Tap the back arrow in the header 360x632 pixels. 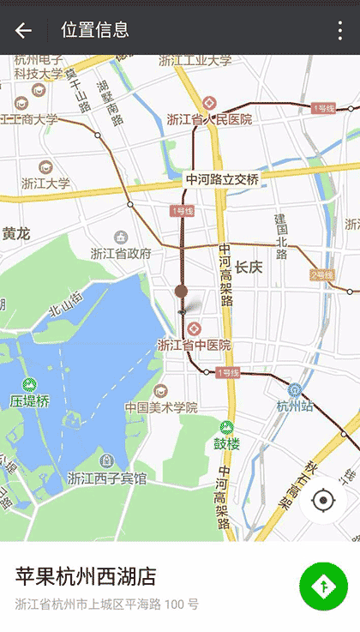[x=23, y=30]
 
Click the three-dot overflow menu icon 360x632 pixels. [x=340, y=31]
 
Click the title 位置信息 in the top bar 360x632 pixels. [x=95, y=30]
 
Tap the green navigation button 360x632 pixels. [x=323, y=587]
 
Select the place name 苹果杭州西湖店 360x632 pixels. [x=86, y=575]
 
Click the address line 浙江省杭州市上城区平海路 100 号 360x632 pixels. [x=106, y=605]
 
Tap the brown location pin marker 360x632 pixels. [x=181, y=292]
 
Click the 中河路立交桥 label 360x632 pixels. [x=222, y=179]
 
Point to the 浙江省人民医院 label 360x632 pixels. [x=209, y=119]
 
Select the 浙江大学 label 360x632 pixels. [x=45, y=183]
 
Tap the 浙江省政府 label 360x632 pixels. [x=121, y=253]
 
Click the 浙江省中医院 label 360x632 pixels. [x=194, y=345]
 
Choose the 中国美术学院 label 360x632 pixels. [x=161, y=407]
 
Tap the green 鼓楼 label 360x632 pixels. [x=226, y=443]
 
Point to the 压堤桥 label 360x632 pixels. [x=30, y=400]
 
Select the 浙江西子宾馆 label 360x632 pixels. [x=106, y=478]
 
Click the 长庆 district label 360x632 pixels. [x=249, y=268]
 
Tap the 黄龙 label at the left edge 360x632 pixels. [x=15, y=233]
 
